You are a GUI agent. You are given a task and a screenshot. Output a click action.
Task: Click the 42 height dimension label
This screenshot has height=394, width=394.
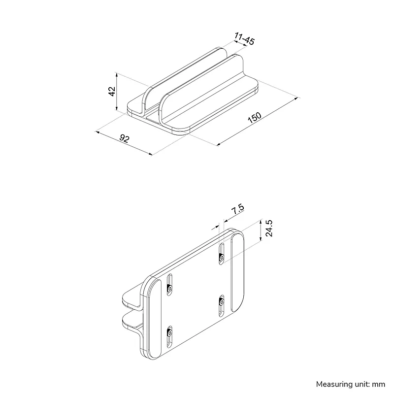tap(112, 91)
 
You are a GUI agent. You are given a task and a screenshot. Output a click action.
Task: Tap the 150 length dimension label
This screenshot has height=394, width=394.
tap(255, 118)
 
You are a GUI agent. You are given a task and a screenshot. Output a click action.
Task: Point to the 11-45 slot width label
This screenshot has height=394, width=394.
tap(244, 38)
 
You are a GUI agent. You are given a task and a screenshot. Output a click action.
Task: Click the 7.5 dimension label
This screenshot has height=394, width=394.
tap(238, 209)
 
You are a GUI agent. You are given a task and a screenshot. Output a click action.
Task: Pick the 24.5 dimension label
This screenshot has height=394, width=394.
tap(269, 228)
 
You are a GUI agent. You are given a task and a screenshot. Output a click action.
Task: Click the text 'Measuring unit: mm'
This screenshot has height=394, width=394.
tap(351, 384)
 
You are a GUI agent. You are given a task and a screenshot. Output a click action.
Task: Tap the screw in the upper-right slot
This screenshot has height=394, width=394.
tap(222, 258)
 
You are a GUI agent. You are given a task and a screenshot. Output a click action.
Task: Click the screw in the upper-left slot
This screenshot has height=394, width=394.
tap(169, 289)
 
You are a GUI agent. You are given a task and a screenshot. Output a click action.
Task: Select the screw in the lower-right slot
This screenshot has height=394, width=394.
tap(222, 302)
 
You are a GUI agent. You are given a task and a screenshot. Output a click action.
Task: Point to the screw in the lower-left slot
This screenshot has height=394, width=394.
tap(169, 333)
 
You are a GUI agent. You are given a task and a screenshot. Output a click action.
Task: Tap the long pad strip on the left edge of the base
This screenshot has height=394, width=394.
tap(155, 319)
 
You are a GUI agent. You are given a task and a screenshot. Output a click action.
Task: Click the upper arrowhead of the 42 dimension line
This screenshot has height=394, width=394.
tap(116, 75)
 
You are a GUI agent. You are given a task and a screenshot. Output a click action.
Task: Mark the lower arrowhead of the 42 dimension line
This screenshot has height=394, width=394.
tap(116, 108)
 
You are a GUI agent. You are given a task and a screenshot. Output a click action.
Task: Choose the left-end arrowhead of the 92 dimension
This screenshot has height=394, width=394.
tap(98, 131)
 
